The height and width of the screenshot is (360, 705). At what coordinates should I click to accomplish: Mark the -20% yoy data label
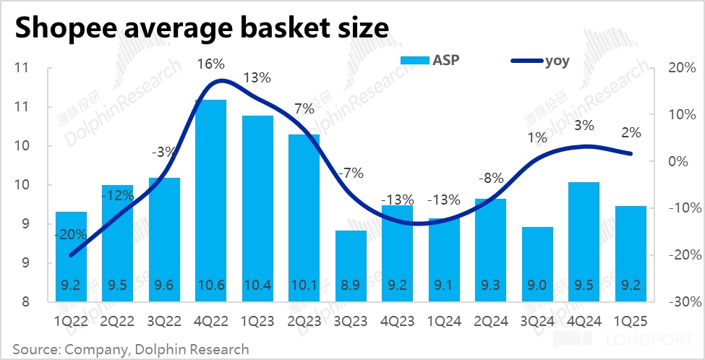click(72, 234)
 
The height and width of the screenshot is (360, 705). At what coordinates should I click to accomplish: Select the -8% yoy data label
click(491, 179)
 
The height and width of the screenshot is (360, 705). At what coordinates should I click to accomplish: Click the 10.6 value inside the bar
click(211, 284)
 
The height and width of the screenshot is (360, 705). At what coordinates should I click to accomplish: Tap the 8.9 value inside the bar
click(351, 284)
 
